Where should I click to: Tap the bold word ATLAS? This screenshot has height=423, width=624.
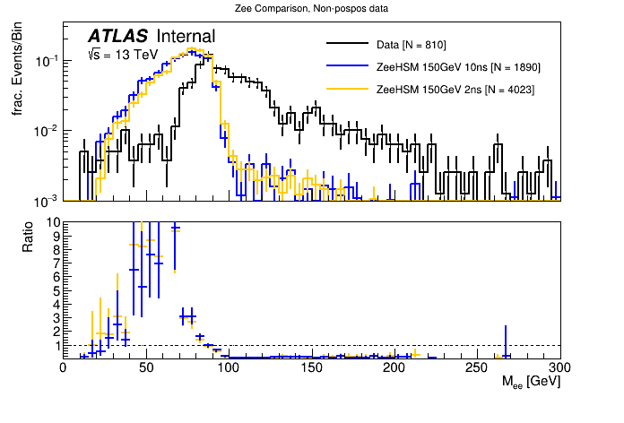pos(117,36)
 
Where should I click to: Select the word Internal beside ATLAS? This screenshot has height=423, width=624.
pos(186,36)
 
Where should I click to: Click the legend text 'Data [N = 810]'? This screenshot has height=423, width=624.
pos(412,45)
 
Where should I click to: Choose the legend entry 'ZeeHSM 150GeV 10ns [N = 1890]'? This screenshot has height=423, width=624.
pos(459,67)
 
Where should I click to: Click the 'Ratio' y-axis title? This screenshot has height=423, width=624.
pos(28,234)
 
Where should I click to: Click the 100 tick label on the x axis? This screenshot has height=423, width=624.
pos(229,367)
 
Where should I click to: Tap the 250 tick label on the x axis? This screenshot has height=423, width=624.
pos(478,367)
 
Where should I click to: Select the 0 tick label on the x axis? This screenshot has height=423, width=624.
pos(63,367)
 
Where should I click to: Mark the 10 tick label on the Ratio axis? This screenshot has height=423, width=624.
pos(53,222)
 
